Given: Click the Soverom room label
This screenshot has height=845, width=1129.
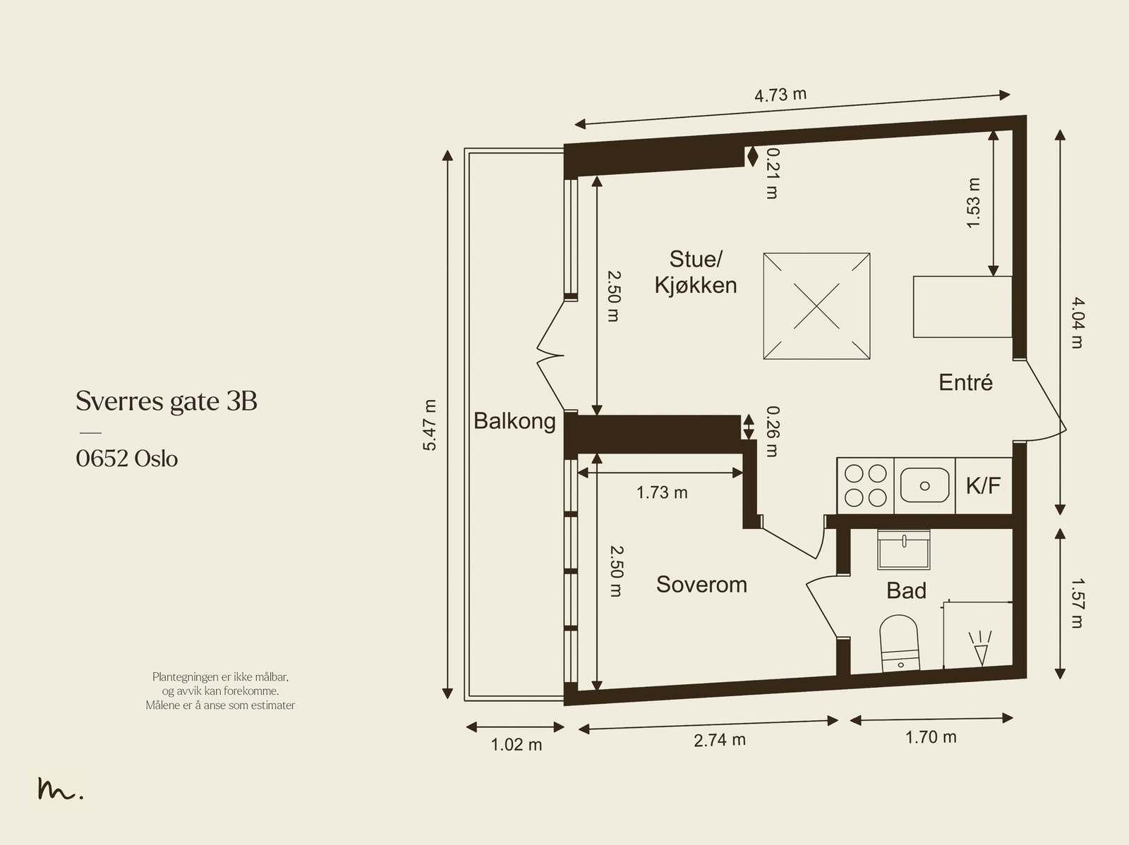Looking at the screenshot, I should pos(701,585).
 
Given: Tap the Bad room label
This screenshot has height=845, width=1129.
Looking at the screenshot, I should pos(906,590).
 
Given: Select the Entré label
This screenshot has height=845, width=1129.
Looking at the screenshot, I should pos(965,382).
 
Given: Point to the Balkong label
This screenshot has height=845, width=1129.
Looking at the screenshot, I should pos(514,421).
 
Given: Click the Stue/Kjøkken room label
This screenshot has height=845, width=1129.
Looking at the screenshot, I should pos(695,272).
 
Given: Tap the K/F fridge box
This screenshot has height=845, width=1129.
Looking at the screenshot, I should pos(984,485).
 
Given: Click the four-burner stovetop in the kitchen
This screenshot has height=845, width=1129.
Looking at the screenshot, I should pos(865,485).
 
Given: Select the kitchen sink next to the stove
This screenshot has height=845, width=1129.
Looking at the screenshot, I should pos(924,485).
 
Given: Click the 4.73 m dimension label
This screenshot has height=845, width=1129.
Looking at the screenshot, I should pos(780,95).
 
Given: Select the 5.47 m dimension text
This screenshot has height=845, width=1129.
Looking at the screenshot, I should pos(430,425).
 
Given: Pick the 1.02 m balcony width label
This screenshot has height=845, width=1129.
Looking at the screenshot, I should pos(517,745).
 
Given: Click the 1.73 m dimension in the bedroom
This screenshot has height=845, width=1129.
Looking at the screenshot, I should pos(662,492).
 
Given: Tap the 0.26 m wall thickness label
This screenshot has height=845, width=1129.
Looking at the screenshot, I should pos(773,432).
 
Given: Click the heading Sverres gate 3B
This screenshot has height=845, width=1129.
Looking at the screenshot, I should pos(167,401).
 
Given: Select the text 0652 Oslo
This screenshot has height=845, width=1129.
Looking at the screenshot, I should pos(127,459).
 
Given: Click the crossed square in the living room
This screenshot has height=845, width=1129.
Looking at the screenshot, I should pos(816,307).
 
